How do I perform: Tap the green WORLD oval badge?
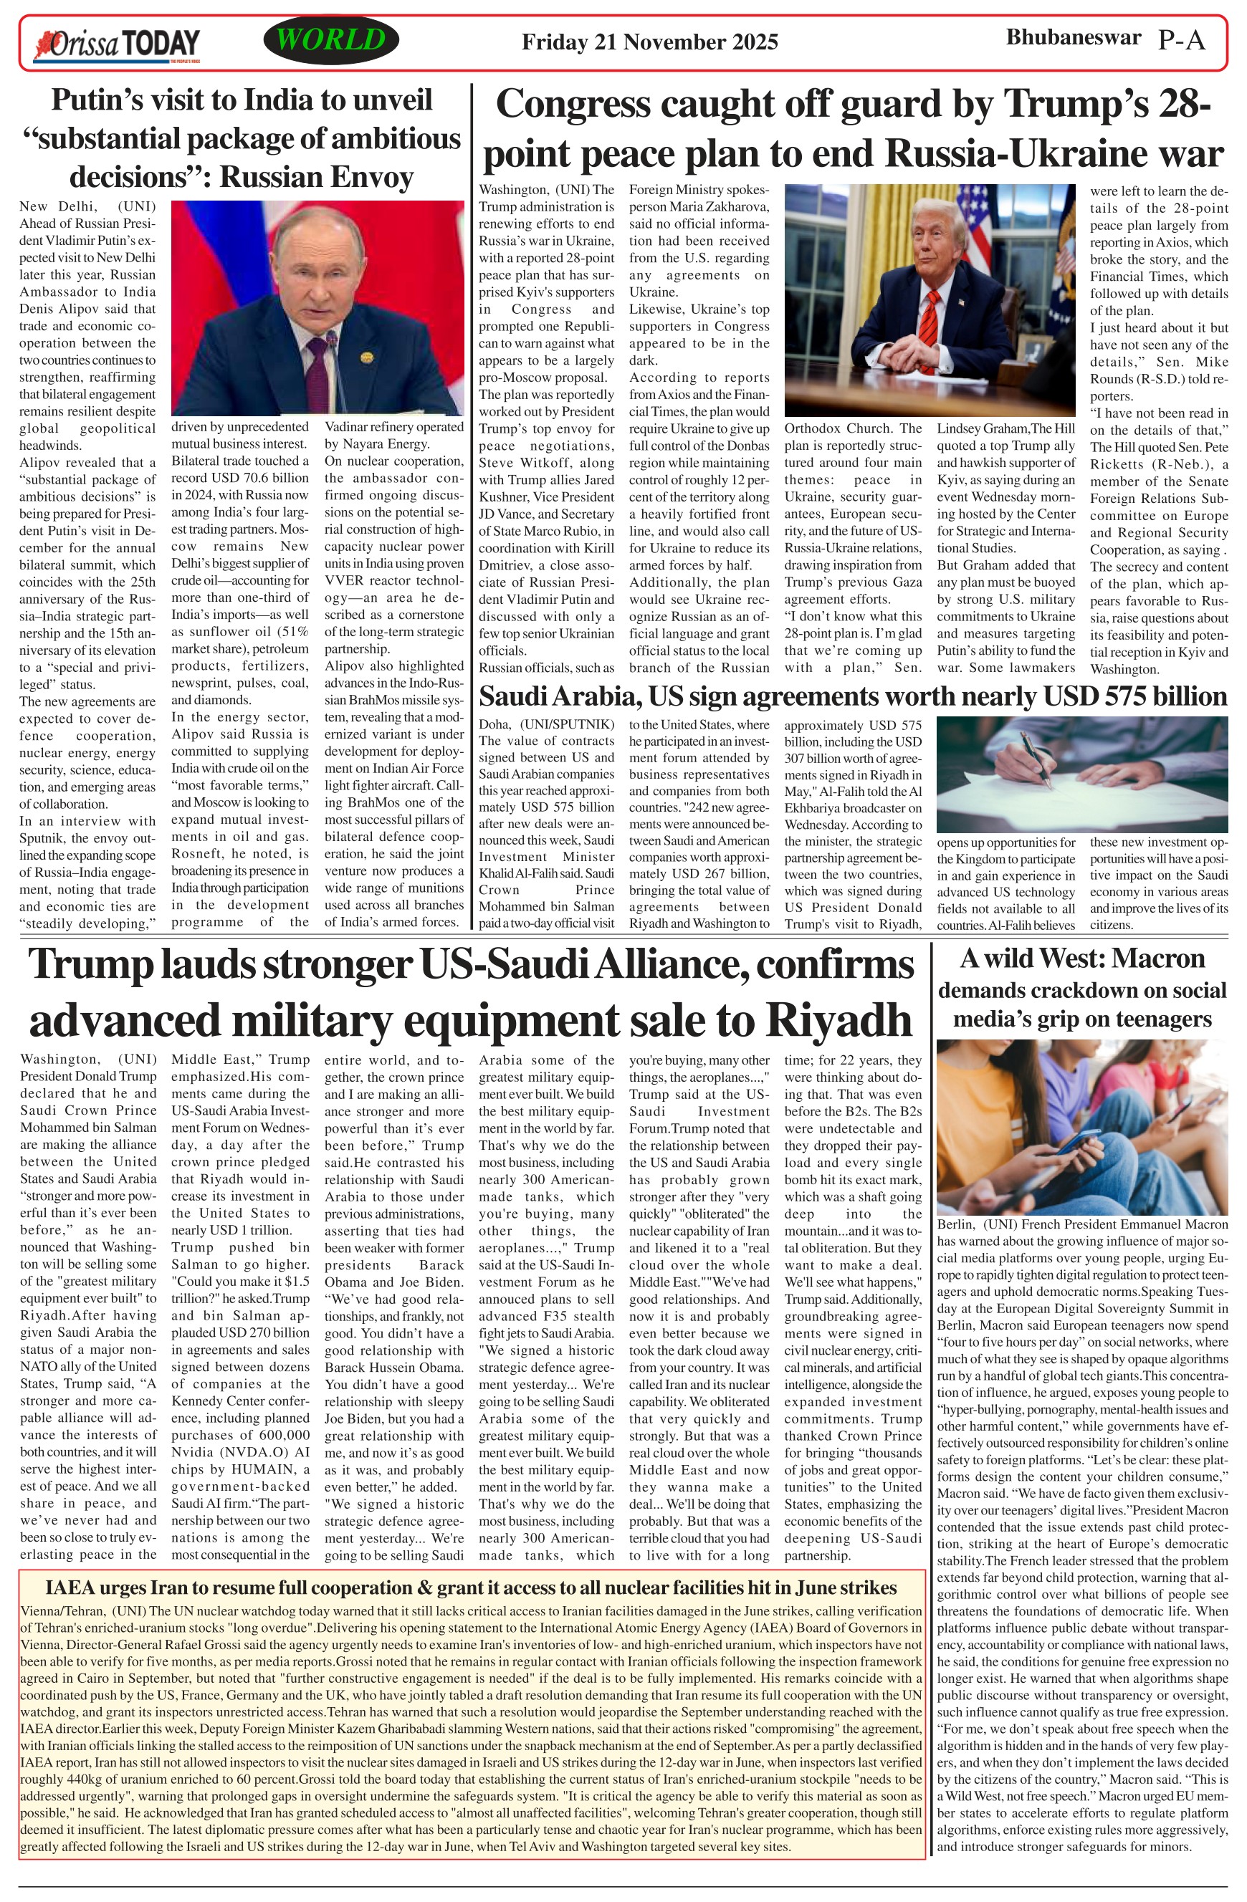click(331, 40)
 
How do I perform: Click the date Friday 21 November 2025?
click(649, 42)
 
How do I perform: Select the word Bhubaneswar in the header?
click(1073, 37)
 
